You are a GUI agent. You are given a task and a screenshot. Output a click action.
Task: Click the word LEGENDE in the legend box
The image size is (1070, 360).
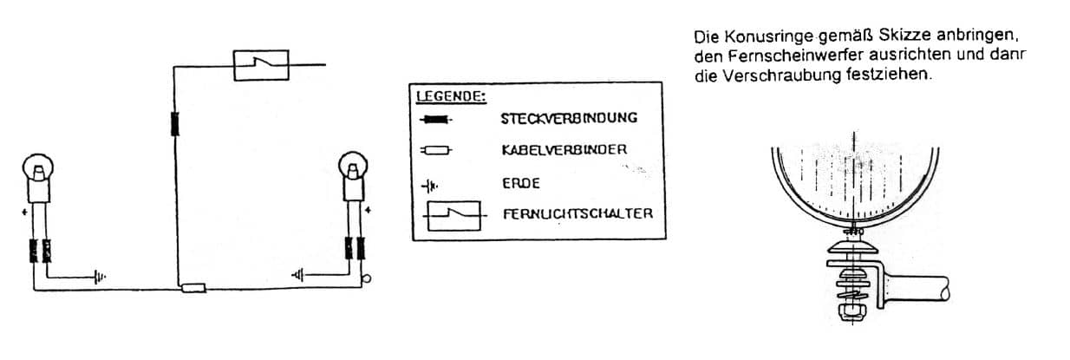tap(450, 96)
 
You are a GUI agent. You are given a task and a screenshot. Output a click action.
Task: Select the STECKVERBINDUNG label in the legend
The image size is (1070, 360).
tap(569, 118)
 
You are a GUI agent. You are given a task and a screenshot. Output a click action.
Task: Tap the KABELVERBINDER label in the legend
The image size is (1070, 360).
tap(564, 150)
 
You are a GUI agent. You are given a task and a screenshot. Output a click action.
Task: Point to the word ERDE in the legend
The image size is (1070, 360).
tap(520, 183)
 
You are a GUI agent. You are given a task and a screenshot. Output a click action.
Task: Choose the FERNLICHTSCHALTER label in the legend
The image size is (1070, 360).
tap(578, 213)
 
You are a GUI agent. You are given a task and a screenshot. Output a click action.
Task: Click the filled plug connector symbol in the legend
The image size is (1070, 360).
tap(435, 120)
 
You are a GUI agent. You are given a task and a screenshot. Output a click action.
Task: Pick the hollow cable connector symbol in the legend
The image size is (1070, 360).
tap(435, 151)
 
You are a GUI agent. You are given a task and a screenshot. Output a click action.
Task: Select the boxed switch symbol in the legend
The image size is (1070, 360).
tap(453, 216)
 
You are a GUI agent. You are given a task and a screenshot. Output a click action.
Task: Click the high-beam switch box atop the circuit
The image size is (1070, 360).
tap(261, 65)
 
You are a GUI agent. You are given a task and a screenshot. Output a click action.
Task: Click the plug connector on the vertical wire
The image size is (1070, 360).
tap(175, 123)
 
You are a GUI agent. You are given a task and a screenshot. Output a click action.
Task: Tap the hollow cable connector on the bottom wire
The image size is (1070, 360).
tap(193, 288)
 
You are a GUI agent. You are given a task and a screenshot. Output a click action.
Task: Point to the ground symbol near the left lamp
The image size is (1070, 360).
tap(100, 277)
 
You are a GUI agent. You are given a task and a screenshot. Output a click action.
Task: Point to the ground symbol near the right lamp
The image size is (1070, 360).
tap(298, 275)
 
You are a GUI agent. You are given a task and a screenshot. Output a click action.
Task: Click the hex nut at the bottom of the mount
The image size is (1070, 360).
tap(852, 311)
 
